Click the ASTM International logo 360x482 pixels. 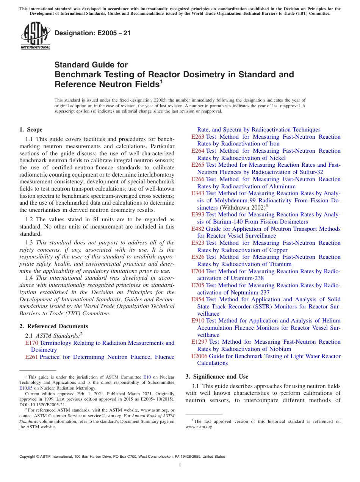[35, 37]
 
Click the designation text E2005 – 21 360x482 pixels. [92, 33]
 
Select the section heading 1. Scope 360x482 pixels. [31, 130]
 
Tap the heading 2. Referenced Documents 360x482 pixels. [53, 326]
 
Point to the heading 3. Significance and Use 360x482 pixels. [217, 377]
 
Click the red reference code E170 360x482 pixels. [31, 343]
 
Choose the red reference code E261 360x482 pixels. [31, 357]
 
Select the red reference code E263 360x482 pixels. [198, 137]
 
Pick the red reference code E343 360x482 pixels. [198, 193]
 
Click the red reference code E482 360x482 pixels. [198, 229]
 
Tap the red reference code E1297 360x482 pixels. [199, 342]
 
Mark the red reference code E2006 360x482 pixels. [199, 356]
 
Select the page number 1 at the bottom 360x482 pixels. [180, 466]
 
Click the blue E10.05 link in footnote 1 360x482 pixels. [26, 388]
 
